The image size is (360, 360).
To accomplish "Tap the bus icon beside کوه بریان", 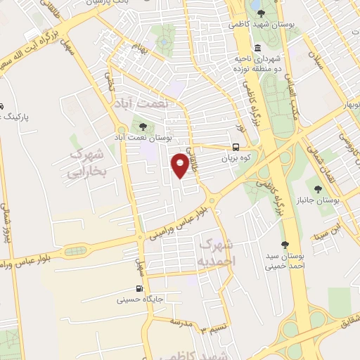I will pyautogui.click(x=236, y=148).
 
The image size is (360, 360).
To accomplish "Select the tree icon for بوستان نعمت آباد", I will pyautogui.click(x=144, y=127).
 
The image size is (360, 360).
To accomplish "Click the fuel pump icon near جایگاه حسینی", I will pyautogui.click(x=139, y=288).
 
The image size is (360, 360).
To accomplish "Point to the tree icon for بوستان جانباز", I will pyautogui.click(x=319, y=188).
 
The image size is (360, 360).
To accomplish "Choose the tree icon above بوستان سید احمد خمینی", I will pyautogui.click(x=285, y=245).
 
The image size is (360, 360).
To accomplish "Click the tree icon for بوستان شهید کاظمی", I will pyautogui.click(x=261, y=13).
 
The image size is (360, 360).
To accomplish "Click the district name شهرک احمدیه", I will pyautogui.click(x=217, y=252).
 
